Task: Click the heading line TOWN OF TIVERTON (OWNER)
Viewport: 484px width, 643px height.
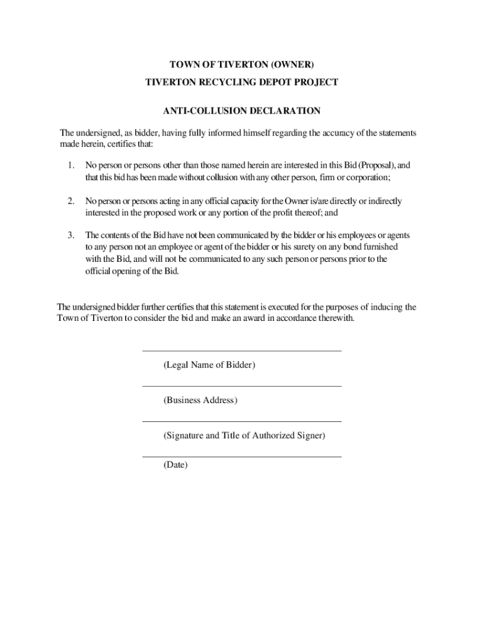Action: point(242,65)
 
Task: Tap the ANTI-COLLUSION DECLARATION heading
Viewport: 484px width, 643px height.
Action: point(242,111)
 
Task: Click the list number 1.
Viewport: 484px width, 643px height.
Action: point(71,165)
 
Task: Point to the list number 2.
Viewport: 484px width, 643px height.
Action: point(71,201)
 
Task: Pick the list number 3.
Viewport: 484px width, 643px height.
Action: point(71,235)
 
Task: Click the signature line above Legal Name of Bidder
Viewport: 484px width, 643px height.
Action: point(242,351)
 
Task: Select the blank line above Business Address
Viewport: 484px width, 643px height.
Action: point(242,386)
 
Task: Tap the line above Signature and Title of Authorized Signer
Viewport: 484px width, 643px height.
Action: point(242,421)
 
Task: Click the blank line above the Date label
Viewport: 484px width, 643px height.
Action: point(242,457)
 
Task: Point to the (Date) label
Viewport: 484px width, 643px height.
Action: point(175,465)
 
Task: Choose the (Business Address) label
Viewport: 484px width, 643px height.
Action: point(201,400)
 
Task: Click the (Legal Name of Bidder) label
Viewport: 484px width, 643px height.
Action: point(209,365)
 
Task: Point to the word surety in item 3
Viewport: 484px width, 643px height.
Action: point(310,247)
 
